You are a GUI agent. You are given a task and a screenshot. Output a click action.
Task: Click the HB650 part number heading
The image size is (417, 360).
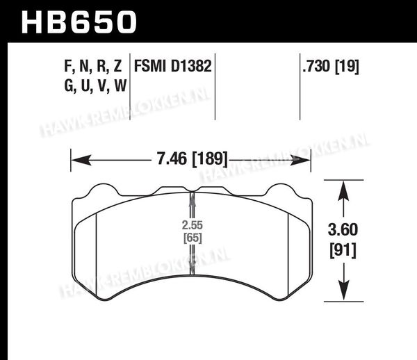pos(79,22)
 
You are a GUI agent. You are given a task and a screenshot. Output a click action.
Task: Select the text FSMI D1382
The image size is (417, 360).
pos(172,66)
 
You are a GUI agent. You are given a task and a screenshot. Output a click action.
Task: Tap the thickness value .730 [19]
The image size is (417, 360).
pos(331,66)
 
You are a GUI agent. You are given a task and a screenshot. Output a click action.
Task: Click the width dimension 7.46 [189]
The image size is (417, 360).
pos(193,158)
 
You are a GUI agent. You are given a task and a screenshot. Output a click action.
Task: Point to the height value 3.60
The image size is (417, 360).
pos(343,230)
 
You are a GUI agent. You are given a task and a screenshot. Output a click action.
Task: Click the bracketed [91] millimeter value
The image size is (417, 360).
pos(343,250)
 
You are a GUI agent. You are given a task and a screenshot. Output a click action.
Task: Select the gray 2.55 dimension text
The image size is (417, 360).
pos(193,225)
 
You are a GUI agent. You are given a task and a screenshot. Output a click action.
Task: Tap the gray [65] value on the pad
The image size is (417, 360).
pos(193,238)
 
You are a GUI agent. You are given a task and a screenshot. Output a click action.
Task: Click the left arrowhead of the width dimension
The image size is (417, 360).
pos(81,161)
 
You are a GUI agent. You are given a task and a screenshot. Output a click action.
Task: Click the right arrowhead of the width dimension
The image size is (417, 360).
pos(300,161)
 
